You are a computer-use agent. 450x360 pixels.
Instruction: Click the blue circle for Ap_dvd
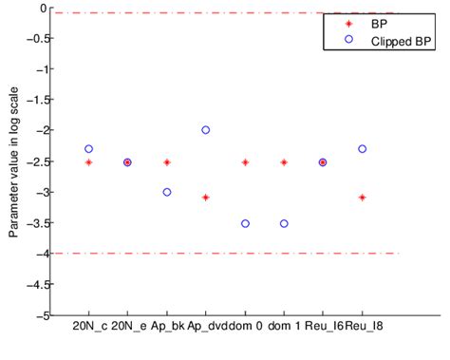click(206, 129)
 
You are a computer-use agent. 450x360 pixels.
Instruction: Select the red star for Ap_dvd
click(206, 197)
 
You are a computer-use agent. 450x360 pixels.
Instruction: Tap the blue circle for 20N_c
click(88, 148)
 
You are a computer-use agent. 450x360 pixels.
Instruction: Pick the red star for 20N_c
click(88, 162)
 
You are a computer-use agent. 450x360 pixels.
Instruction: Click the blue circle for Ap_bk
click(167, 192)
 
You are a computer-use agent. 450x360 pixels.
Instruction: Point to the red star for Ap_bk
click(167, 162)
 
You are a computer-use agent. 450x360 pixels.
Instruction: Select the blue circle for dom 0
click(245, 223)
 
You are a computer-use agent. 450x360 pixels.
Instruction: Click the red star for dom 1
click(284, 162)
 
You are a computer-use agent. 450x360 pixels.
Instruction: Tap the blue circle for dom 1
click(284, 223)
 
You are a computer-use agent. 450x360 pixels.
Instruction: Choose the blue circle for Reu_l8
click(362, 148)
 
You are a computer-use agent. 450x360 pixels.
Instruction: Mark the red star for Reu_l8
click(362, 197)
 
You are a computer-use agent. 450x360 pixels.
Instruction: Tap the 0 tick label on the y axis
click(42, 8)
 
